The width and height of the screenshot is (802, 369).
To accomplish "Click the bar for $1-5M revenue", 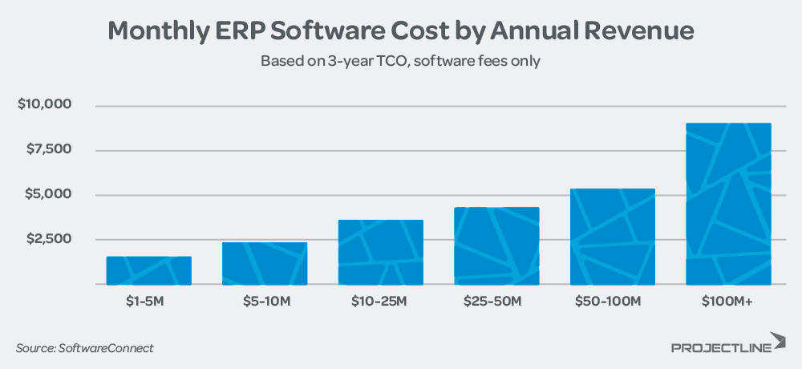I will click(x=148, y=271).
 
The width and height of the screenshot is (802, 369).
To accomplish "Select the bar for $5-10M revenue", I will click(x=265, y=264).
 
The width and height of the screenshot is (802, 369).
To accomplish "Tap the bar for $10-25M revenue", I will click(x=380, y=253).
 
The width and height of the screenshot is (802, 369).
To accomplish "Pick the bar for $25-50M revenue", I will click(x=496, y=246).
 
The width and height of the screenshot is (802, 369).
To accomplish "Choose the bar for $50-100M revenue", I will click(x=613, y=237).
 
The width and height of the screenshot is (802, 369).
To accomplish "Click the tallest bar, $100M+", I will click(x=728, y=205).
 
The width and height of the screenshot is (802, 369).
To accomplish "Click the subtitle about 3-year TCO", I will click(x=400, y=61).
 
